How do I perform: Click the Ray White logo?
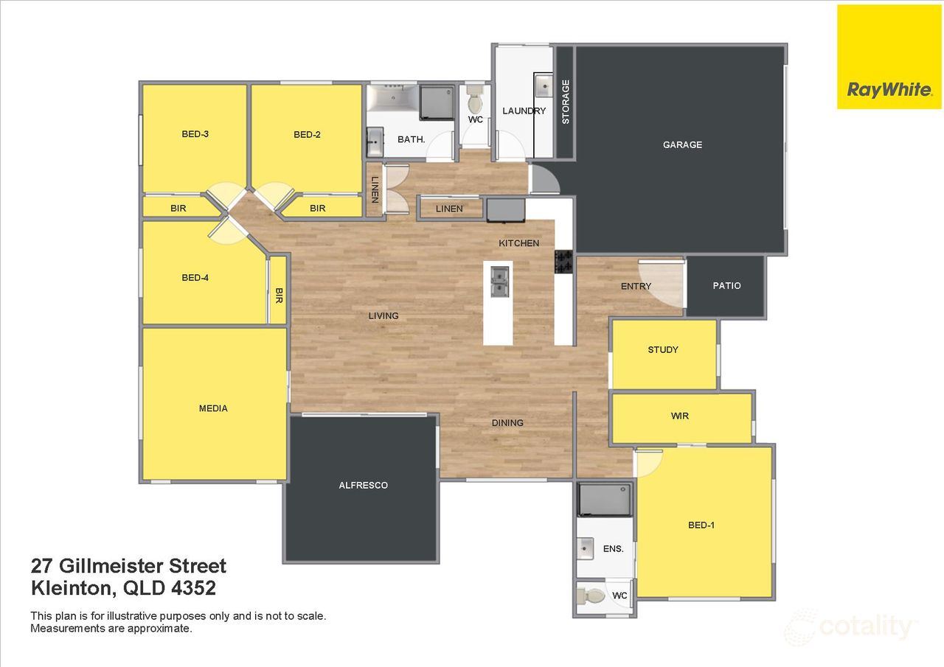889,57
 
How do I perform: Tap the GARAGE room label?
682,145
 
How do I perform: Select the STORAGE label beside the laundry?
566,101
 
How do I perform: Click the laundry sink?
544,86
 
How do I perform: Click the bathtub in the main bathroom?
392,97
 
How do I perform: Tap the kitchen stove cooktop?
564,261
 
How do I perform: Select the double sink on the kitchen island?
499,280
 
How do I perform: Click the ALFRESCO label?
363,485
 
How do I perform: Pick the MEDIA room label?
213,408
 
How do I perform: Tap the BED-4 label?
195,278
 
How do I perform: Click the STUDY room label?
662,349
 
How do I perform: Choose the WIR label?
679,416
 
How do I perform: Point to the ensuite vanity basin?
586,547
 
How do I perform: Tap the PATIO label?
726,286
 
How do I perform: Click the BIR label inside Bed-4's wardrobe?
279,296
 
